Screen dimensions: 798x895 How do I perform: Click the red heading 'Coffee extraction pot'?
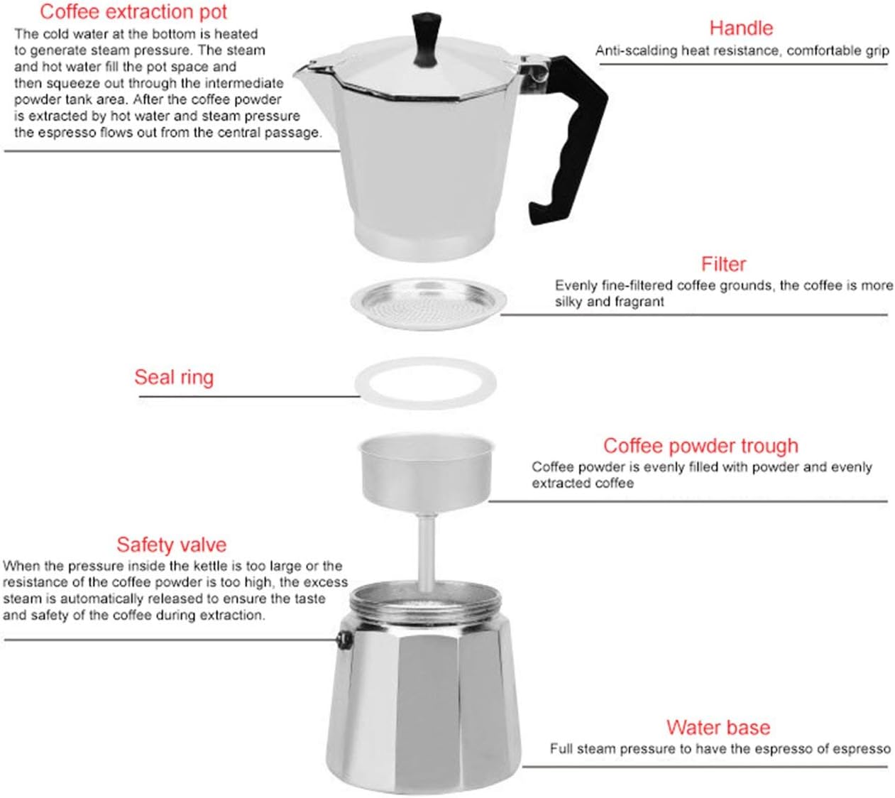tap(133, 12)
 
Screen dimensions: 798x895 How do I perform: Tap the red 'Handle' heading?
tap(740, 28)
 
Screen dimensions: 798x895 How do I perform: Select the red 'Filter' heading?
tap(723, 265)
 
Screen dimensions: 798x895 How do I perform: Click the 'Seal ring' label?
tap(174, 377)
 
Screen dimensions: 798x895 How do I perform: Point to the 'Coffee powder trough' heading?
tap(700, 446)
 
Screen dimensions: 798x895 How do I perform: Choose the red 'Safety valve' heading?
tap(171, 545)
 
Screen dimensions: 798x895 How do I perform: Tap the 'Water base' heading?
tap(718, 728)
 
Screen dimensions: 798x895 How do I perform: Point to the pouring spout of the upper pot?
tap(307, 68)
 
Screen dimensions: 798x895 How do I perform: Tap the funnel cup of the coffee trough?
tap(426, 469)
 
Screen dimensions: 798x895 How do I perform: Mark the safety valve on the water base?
tap(344, 641)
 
